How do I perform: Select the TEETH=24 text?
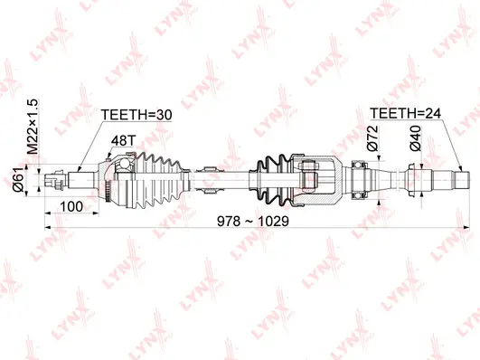(x=408, y=114)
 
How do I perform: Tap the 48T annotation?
(x=123, y=141)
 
